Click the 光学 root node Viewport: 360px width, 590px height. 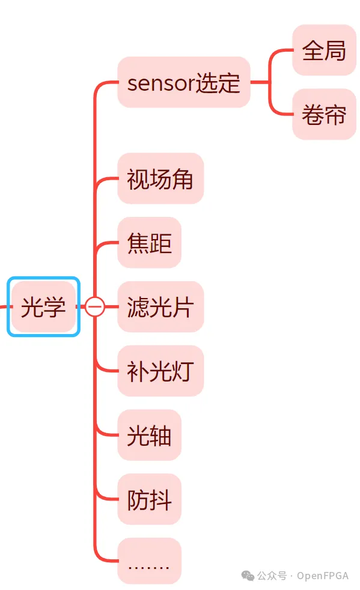click(43, 306)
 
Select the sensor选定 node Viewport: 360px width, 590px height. click(184, 82)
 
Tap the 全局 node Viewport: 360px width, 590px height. click(324, 50)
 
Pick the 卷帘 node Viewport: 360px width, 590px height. click(324, 114)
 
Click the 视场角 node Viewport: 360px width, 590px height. click(160, 178)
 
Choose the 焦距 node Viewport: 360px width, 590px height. click(150, 243)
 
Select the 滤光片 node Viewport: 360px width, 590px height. click(160, 306)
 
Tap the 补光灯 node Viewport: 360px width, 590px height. click(160, 371)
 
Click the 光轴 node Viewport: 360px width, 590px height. click(150, 435)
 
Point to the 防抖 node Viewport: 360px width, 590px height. click(150, 499)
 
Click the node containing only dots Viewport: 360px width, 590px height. click(150, 561)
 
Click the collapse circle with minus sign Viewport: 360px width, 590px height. click(95, 306)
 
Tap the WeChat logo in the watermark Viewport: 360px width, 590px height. click(248, 576)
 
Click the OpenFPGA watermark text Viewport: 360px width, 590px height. click(323, 576)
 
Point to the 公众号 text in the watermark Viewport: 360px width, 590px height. click(272, 576)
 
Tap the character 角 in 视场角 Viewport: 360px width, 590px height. click(182, 179)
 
